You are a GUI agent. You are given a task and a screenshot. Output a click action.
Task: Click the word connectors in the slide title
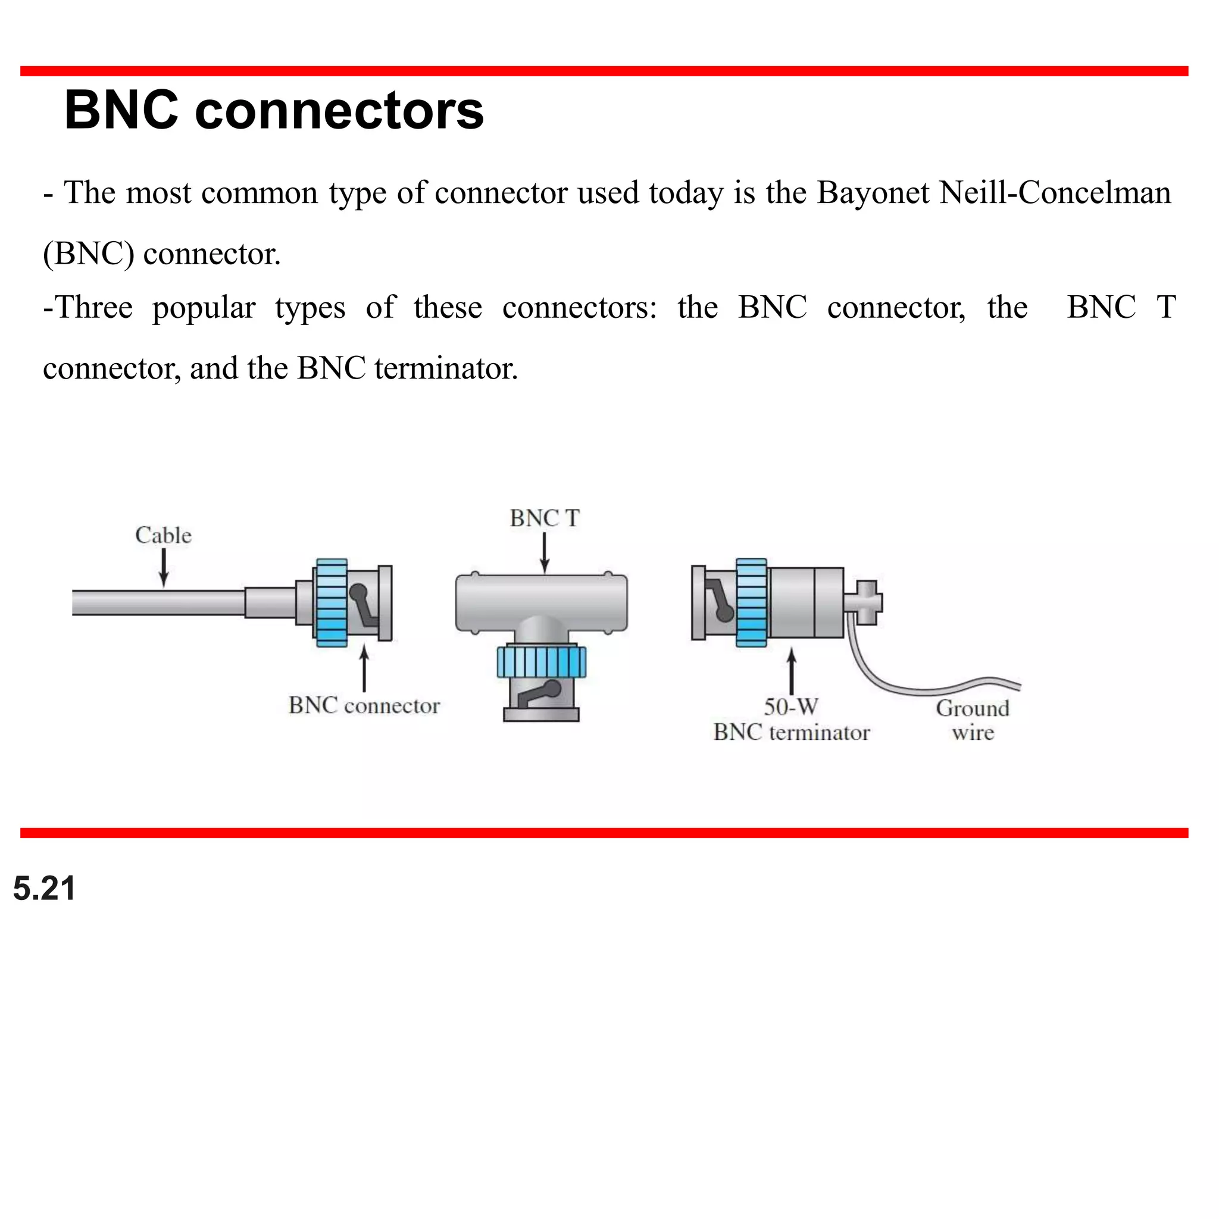click(x=339, y=111)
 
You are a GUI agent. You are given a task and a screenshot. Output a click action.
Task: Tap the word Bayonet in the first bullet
click(x=873, y=192)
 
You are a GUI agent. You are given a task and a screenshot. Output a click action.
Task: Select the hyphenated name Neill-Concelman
click(x=1055, y=192)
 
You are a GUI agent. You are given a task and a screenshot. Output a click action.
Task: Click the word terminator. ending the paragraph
click(x=446, y=368)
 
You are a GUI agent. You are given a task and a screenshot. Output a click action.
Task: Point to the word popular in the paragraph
click(x=203, y=308)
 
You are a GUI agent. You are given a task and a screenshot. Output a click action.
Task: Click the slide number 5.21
click(x=44, y=889)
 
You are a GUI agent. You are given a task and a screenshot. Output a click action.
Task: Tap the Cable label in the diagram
click(x=164, y=535)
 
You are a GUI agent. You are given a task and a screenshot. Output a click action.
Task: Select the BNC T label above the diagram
click(x=545, y=518)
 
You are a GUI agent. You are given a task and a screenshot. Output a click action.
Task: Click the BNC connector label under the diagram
click(x=364, y=705)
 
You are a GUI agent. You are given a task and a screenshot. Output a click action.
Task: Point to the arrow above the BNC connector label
click(x=364, y=669)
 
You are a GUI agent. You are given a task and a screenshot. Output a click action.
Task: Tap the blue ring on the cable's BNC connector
click(x=332, y=602)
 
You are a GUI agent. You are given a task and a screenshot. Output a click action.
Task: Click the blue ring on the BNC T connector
click(x=542, y=661)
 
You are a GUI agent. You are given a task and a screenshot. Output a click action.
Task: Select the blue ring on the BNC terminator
click(x=752, y=602)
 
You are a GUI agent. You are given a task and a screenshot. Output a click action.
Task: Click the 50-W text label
click(x=790, y=707)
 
